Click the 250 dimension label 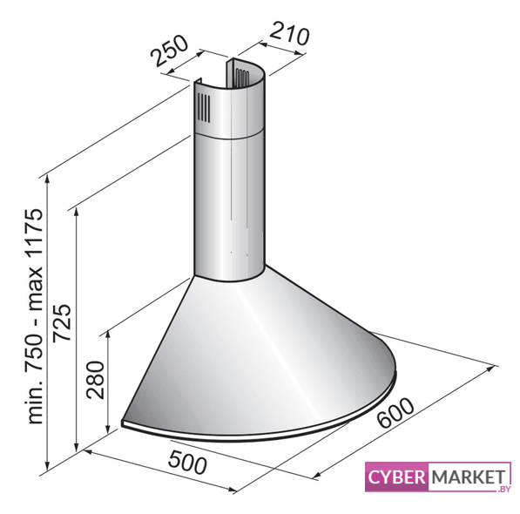pyautogui.click(x=170, y=51)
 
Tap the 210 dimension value pyautogui.click(x=289, y=33)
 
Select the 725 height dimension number pyautogui.click(x=63, y=322)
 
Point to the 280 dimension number pyautogui.click(x=95, y=380)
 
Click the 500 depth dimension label pyautogui.click(x=187, y=463)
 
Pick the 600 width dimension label pyautogui.click(x=396, y=413)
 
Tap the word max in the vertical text pyautogui.click(x=35, y=287)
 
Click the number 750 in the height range pyautogui.click(x=35, y=350)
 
